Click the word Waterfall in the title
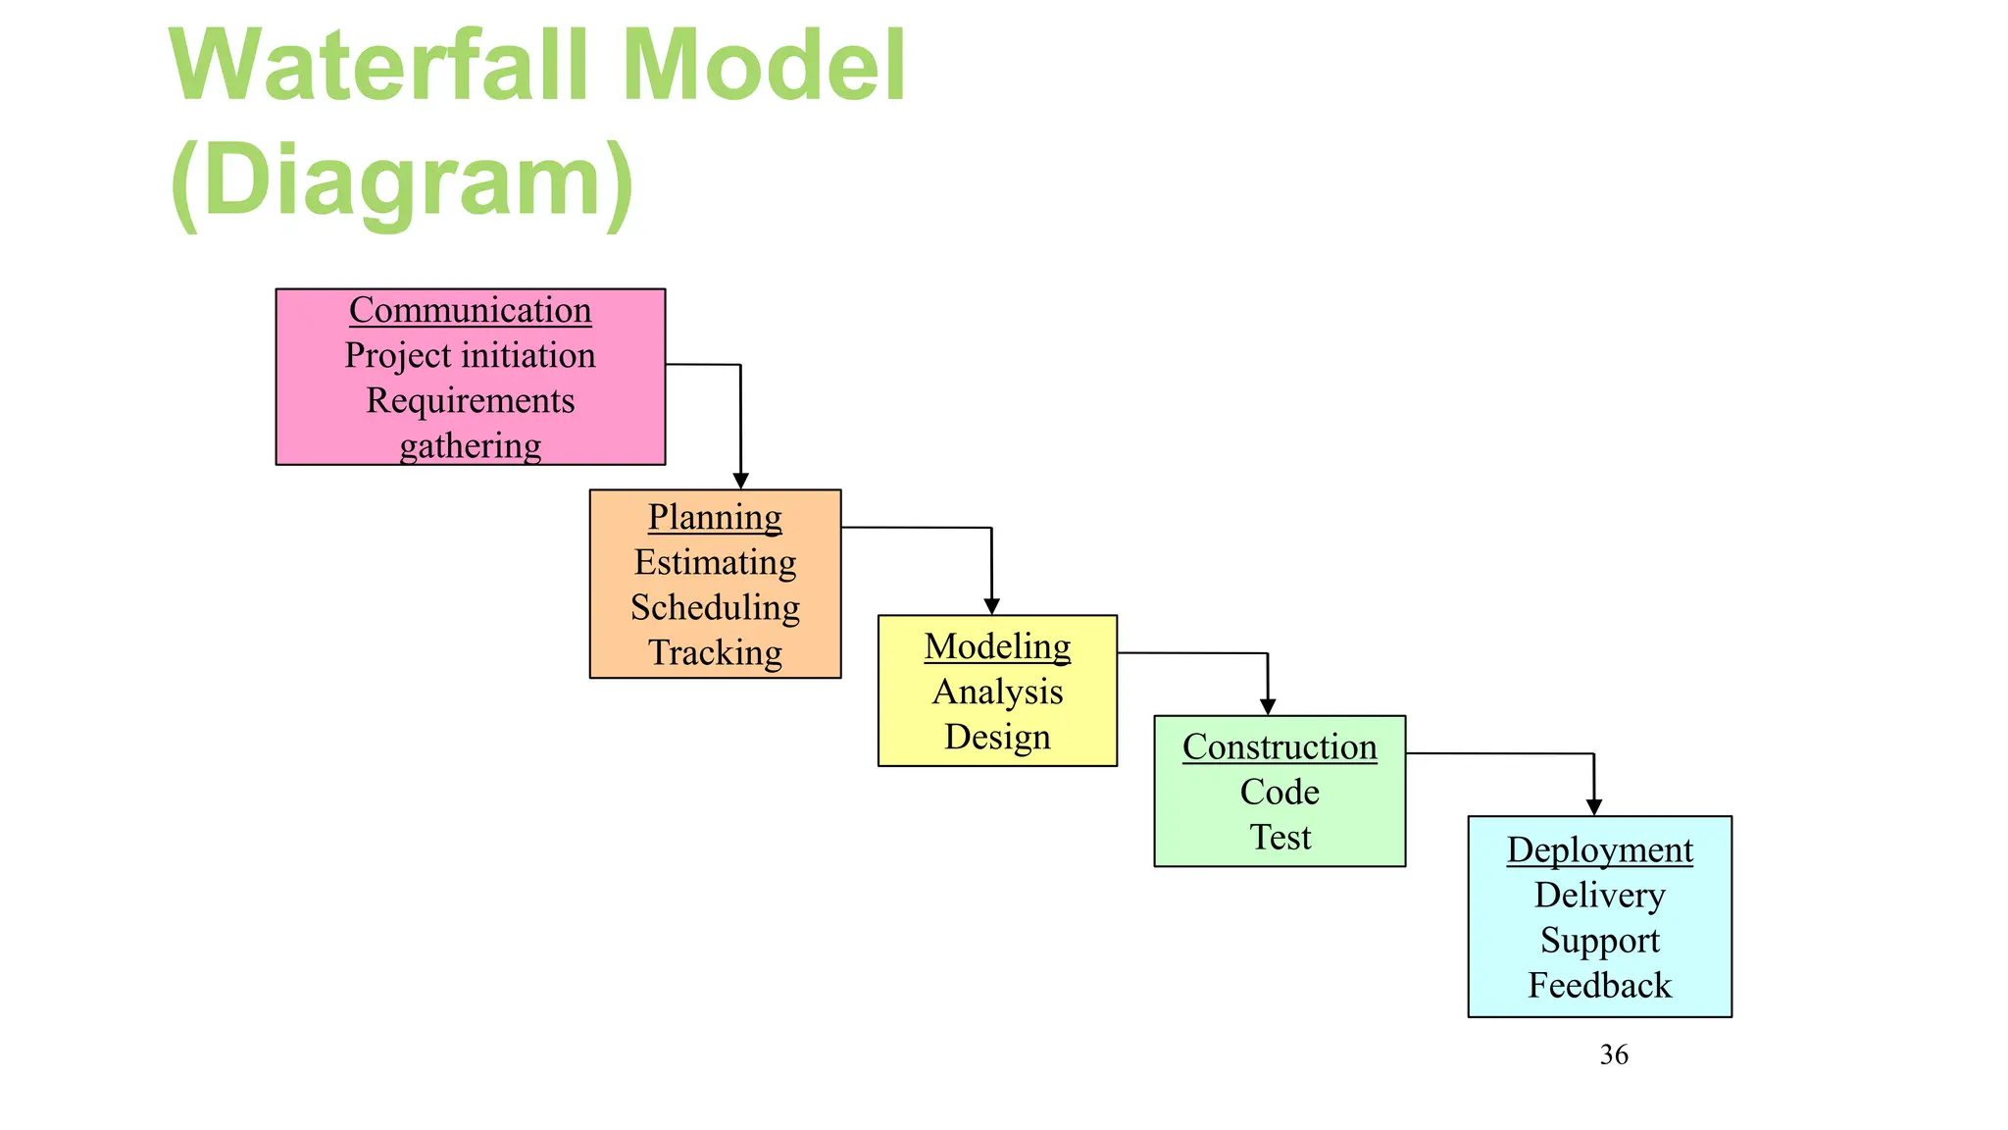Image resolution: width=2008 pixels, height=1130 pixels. tap(378, 67)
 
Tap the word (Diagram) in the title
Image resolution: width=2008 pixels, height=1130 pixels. tap(402, 181)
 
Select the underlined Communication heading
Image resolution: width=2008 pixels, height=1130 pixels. tap(470, 310)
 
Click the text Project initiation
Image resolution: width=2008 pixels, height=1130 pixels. tap(470, 355)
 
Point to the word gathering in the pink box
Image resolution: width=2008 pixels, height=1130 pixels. tap(470, 445)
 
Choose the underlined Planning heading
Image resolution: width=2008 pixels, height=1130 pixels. tap(715, 517)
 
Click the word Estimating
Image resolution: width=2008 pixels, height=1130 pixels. tap(715, 562)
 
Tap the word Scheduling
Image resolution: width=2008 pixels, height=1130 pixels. tap(715, 607)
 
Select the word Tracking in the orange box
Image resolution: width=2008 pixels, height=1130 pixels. tap(715, 652)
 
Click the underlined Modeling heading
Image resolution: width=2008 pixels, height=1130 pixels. tap(997, 646)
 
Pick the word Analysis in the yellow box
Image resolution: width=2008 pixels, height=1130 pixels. tap(997, 692)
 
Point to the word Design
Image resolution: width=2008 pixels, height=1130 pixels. tap(997, 737)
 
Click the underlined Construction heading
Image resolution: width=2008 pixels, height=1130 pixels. tap(1280, 746)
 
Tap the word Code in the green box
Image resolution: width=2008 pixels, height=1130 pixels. tap(1280, 792)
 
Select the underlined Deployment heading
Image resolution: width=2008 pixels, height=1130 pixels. tap(1599, 849)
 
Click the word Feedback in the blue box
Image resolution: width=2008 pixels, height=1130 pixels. tap(1599, 985)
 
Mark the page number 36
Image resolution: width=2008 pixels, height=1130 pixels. tap(1614, 1054)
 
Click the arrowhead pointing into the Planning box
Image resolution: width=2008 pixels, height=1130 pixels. tap(741, 481)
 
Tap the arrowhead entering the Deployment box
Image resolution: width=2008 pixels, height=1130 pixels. tap(1594, 806)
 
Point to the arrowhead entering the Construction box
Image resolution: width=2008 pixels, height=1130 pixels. tap(1268, 706)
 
